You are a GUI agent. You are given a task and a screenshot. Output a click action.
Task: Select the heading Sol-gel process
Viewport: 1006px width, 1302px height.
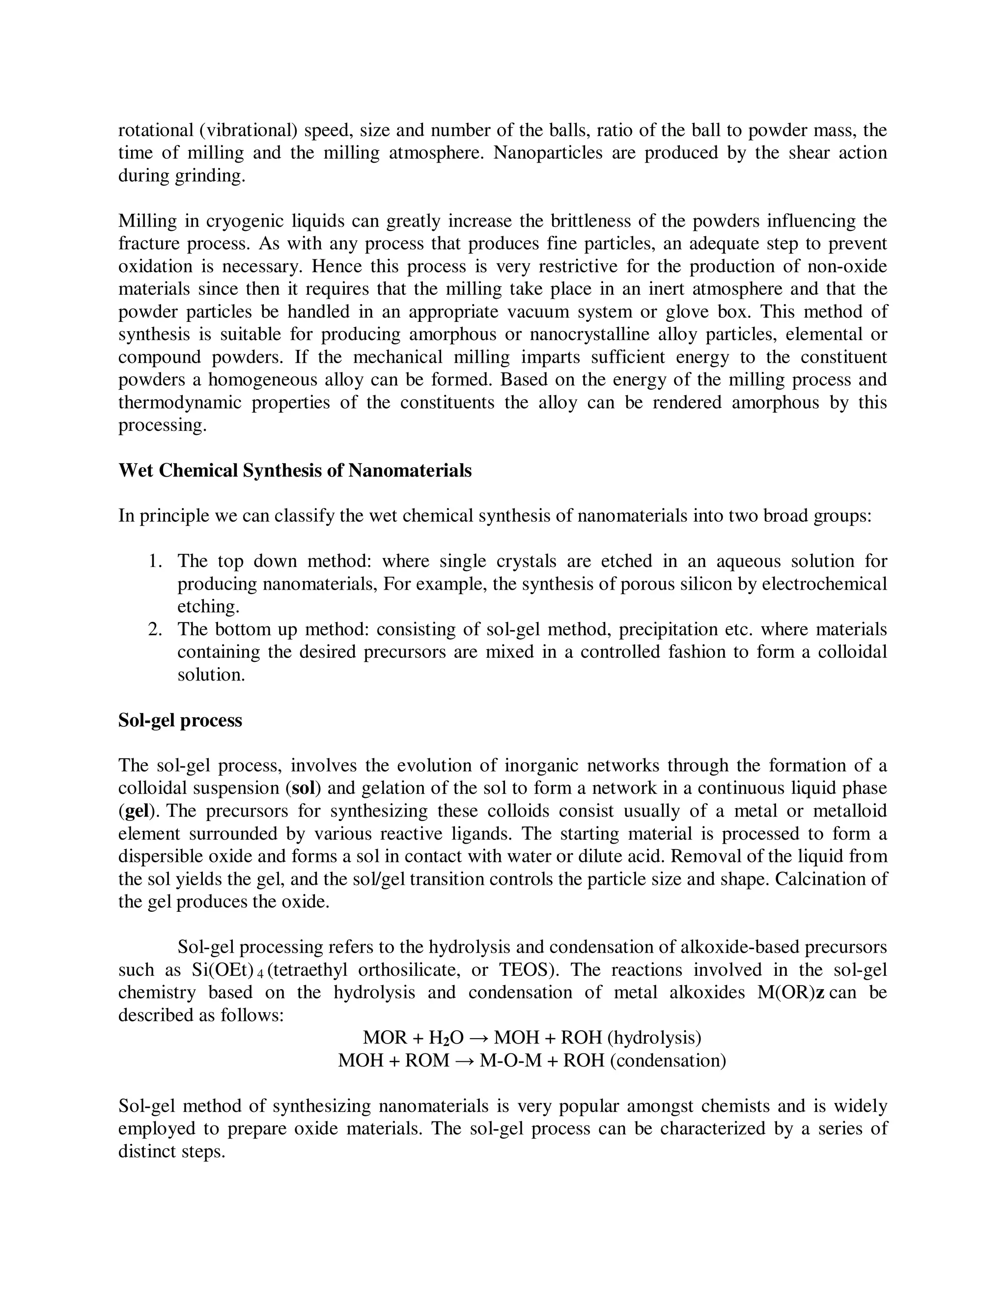click(x=180, y=720)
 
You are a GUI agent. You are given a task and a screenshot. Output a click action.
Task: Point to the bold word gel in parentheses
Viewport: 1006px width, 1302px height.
click(x=136, y=811)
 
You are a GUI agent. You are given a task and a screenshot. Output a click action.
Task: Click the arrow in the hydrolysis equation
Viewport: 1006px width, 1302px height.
click(x=479, y=1038)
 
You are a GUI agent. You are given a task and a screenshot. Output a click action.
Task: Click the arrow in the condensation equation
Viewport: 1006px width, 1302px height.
click(x=464, y=1061)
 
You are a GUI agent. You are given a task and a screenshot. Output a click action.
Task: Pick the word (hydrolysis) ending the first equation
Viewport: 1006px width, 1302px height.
click(x=654, y=1038)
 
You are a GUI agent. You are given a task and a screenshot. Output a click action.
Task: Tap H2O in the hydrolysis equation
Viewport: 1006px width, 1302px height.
click(x=446, y=1038)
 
